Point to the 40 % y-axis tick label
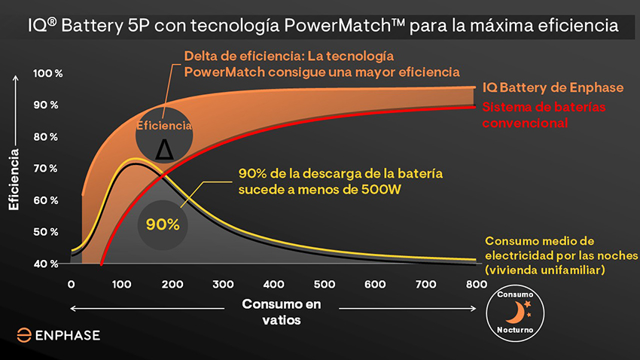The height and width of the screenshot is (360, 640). (46, 264)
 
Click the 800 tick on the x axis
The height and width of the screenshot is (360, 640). (474, 285)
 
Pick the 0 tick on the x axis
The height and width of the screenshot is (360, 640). (72, 285)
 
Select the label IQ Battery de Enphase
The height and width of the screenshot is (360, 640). (553, 88)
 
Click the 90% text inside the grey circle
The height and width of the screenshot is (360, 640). (163, 224)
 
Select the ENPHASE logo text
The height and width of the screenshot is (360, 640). (66, 335)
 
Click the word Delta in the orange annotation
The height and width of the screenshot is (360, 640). (204, 56)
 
